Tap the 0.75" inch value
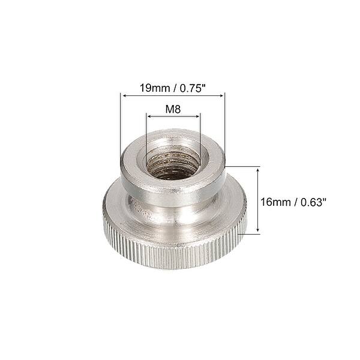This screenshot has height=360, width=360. tap(191, 87)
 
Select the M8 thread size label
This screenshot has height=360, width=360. tap(173, 110)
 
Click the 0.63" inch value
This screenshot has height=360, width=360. tap(314, 202)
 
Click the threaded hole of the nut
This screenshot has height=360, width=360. tap(173, 163)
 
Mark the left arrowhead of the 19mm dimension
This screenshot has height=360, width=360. tap(123, 95)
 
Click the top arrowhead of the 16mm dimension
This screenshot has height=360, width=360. tap(258, 170)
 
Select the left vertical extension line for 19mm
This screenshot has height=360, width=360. tap(121, 126)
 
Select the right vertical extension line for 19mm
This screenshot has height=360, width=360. tap(224, 126)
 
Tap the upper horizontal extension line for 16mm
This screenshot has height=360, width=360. tap(243, 167)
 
